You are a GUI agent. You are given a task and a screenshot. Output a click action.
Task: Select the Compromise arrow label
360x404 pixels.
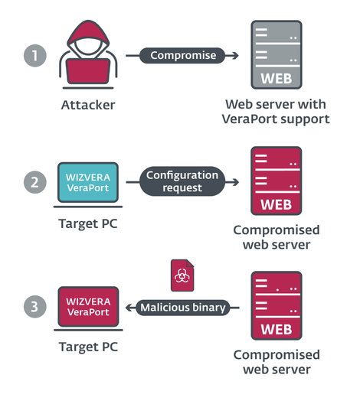[x=182, y=55]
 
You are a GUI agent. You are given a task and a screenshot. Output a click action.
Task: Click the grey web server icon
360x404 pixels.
[x=276, y=55]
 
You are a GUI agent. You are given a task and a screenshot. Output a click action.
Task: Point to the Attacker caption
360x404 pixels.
[x=87, y=104]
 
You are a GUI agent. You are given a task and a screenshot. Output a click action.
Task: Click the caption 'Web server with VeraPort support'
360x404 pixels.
[x=276, y=111]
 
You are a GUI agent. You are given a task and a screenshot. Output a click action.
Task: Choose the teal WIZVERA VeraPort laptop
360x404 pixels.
[x=87, y=184]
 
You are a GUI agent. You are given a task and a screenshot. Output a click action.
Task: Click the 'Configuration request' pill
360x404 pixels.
[x=182, y=182]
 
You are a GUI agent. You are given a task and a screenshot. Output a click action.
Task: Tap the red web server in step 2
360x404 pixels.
[x=276, y=181]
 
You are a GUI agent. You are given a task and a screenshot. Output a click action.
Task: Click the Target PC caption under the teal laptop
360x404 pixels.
[x=87, y=223]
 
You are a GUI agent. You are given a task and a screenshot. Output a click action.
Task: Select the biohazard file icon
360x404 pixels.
[x=182, y=274]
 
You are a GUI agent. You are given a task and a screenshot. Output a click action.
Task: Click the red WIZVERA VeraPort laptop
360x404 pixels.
[x=87, y=308]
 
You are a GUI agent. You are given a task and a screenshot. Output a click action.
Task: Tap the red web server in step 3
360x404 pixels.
[x=276, y=306]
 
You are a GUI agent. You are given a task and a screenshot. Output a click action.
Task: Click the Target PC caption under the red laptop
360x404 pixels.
[x=87, y=348]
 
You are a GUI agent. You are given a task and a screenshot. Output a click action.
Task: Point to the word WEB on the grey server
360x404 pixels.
[x=276, y=79]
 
